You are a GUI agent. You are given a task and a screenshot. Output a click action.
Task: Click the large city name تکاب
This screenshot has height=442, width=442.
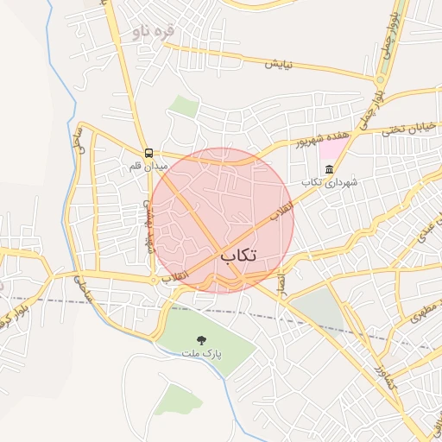pos(239,256)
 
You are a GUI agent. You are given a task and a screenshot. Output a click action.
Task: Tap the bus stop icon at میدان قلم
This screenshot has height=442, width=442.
pos(148,151)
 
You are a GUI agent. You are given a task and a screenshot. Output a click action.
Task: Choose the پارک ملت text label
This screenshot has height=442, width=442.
pos(202,354)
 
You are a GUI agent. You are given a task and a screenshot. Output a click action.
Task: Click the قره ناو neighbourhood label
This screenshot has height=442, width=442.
pos(154,33)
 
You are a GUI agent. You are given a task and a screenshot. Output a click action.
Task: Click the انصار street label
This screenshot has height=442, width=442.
pos(281,280)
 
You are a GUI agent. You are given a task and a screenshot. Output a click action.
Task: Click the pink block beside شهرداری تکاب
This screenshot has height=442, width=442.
pos(330,148)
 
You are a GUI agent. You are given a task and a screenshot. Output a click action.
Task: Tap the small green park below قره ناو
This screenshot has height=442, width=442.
pos(183,106)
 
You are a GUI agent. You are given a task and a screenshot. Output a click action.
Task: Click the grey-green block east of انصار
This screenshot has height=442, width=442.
pos(321,308)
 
